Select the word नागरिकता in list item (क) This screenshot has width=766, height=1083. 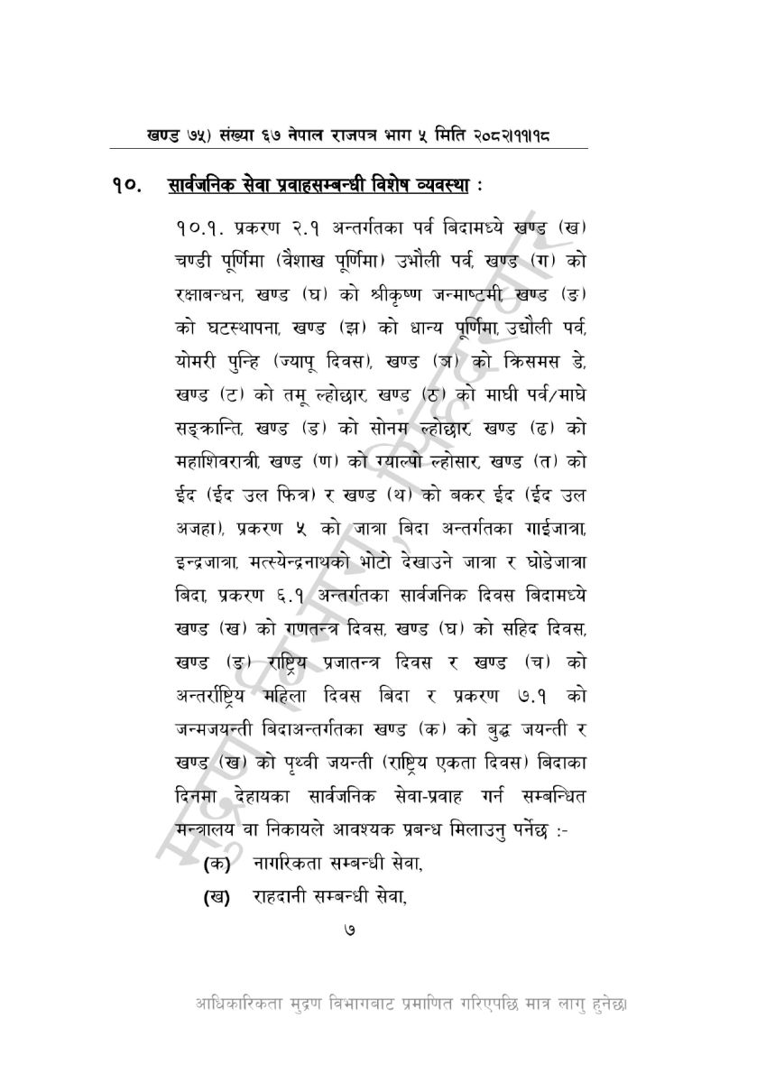pyautogui.click(x=294, y=865)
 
